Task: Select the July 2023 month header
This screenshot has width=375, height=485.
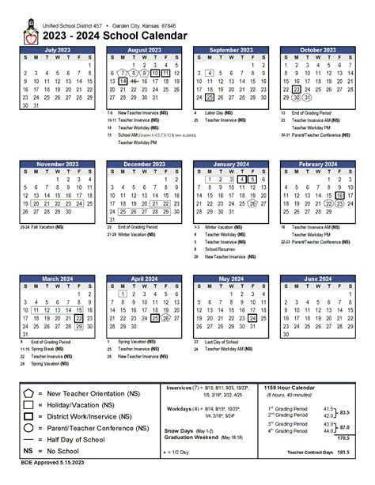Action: tap(57, 50)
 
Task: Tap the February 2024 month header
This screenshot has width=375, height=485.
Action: tap(317, 164)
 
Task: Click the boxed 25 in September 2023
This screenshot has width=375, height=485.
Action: tap(209, 97)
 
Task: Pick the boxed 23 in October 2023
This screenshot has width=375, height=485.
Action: tap(295, 89)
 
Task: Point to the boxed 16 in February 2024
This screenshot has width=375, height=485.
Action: tap(339, 195)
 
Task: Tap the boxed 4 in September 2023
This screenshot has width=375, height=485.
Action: tap(209, 72)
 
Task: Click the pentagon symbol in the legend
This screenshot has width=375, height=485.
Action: tap(28, 392)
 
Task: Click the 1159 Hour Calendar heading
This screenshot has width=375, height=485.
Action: tap(291, 387)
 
